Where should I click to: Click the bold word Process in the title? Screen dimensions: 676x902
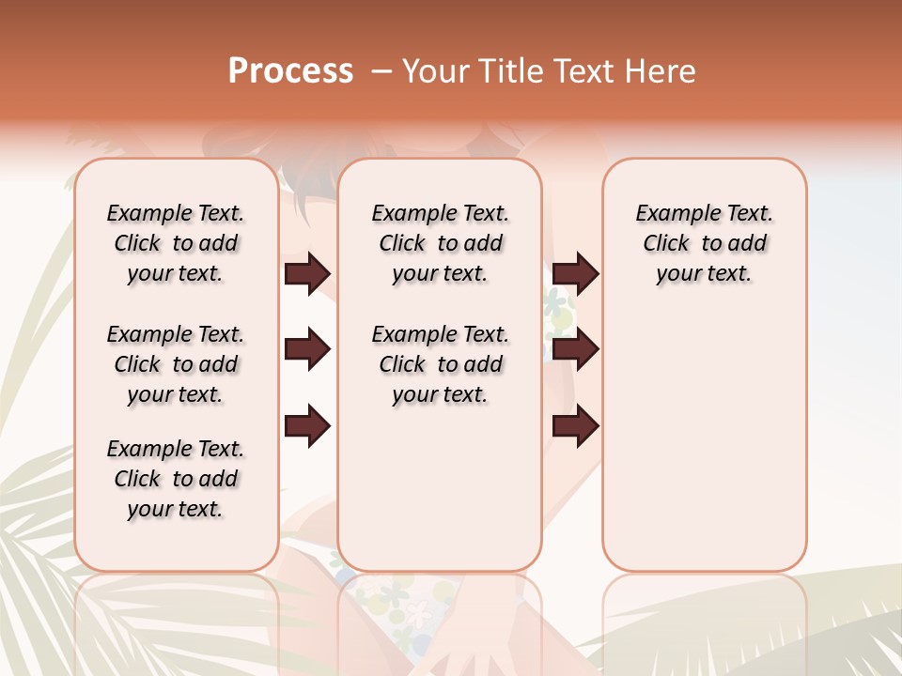click(290, 71)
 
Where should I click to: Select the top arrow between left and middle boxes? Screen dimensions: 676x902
click(307, 274)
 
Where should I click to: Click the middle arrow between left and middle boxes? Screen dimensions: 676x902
click(307, 350)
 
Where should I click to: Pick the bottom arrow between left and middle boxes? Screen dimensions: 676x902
click(307, 426)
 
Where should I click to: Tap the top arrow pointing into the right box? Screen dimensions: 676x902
click(575, 274)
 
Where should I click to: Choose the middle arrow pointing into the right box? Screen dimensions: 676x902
click(575, 350)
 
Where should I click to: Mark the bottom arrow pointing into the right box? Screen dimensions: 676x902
click(575, 426)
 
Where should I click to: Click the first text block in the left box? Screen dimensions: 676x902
click(176, 243)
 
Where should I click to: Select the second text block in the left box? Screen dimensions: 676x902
click(176, 364)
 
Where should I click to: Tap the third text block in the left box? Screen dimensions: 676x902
click(176, 479)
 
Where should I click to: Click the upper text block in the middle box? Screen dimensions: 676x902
click(440, 243)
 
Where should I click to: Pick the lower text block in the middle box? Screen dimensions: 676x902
click(440, 364)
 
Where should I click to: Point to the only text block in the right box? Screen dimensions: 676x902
click(704, 243)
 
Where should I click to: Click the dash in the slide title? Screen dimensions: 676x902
click(381, 71)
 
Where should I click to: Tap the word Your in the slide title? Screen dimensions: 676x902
click(433, 71)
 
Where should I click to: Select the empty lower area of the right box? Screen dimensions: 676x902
click(704, 432)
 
